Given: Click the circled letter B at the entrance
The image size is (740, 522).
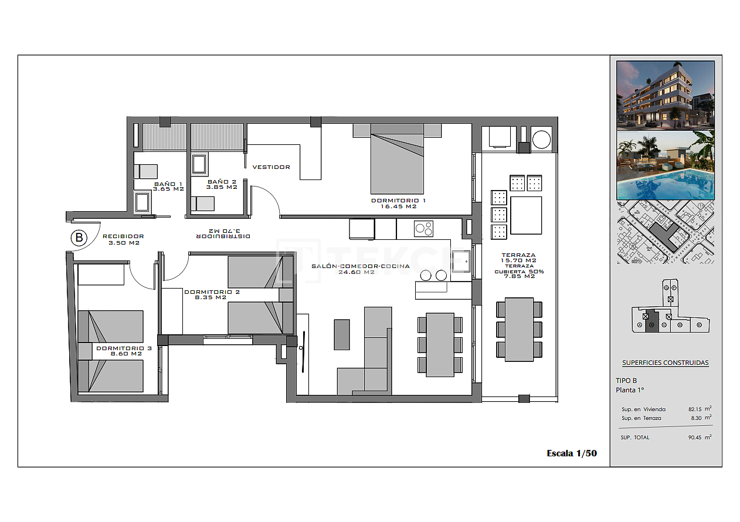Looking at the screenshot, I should click(79, 238).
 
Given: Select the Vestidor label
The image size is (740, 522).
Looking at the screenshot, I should click(271, 167).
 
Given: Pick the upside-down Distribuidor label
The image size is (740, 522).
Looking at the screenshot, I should click(223, 233).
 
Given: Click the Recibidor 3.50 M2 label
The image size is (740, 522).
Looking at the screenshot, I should click(123, 239).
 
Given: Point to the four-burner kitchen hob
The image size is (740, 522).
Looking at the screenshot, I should click(423, 229).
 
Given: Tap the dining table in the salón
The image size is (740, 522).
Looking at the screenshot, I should click(440, 344).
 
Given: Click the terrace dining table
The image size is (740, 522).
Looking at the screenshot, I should click(519, 330).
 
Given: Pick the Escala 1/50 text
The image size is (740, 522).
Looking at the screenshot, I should click(571, 453).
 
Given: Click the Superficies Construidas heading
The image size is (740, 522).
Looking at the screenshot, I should click(665, 362).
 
